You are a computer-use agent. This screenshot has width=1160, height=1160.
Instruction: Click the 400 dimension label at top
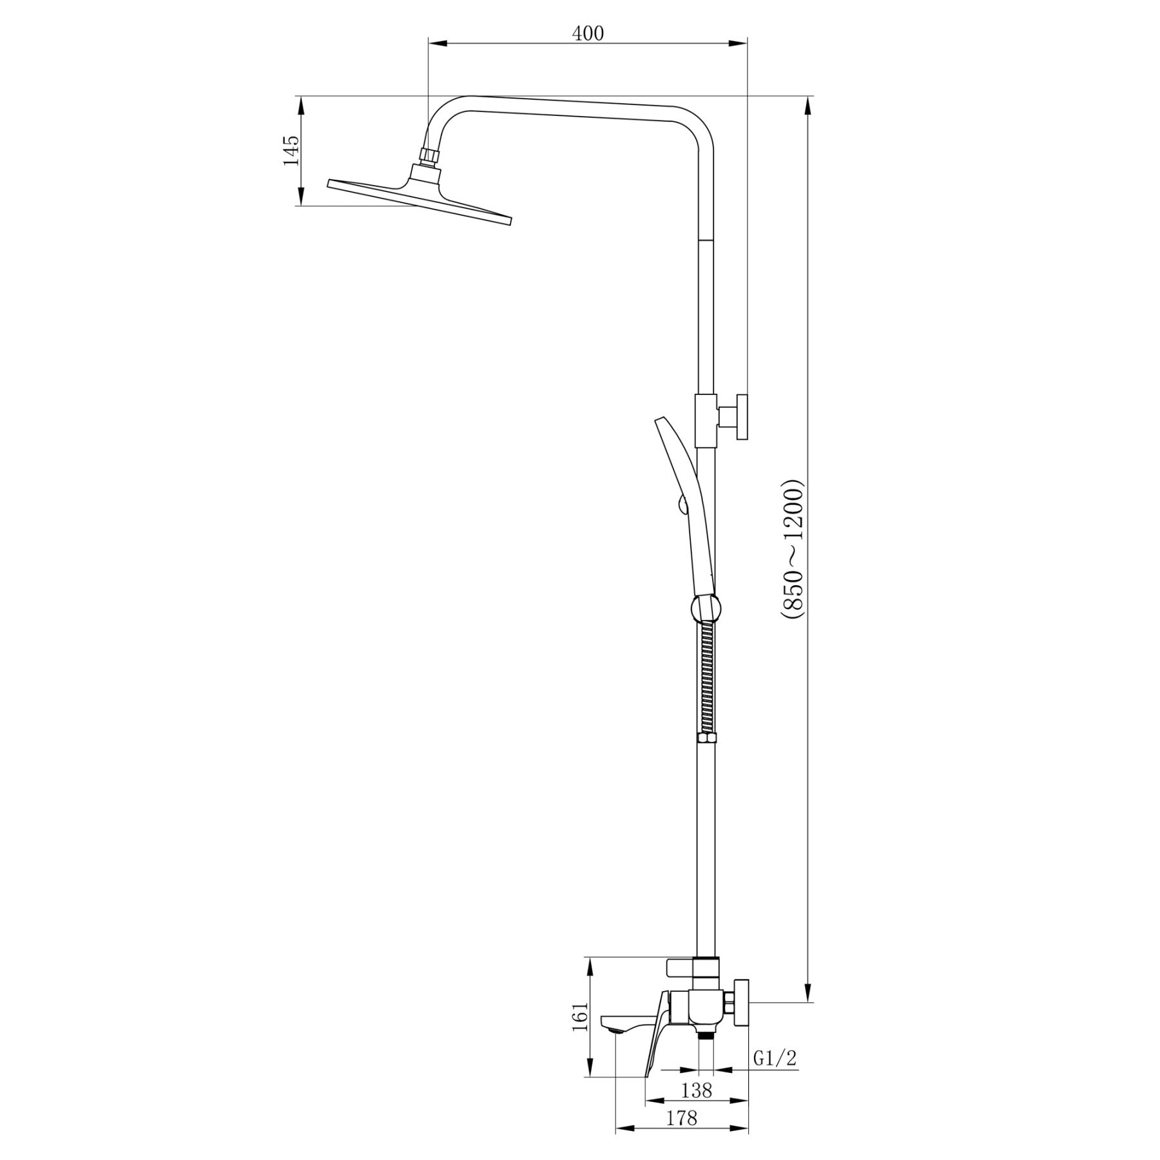(x=588, y=34)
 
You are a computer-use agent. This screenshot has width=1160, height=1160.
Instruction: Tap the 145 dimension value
(x=291, y=151)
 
